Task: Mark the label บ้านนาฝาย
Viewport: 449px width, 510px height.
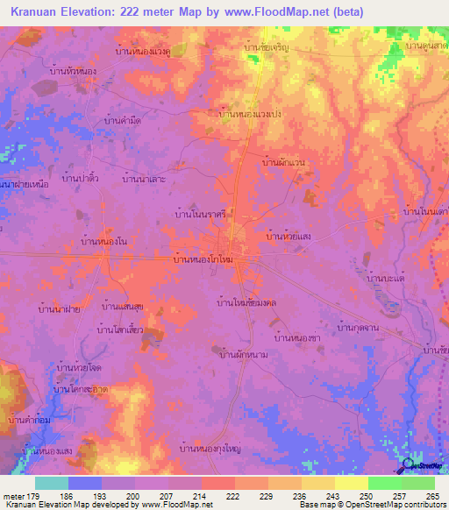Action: click(x=61, y=308)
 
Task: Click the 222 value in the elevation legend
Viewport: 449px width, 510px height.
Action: click(x=232, y=496)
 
